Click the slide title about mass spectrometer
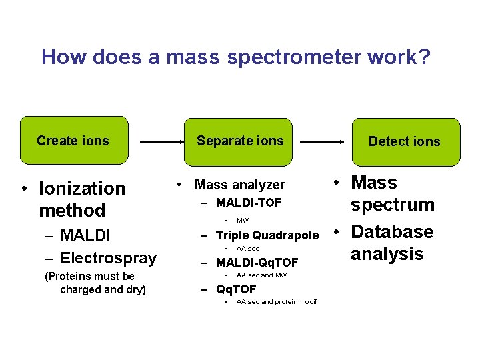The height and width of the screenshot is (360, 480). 236,57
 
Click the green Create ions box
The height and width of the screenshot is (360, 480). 73,141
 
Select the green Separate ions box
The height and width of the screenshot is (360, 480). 240,141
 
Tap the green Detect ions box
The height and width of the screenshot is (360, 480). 405,141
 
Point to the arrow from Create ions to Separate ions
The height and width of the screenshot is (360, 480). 162,142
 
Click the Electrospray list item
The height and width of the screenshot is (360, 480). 108,258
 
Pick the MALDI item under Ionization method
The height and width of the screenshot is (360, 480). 85,235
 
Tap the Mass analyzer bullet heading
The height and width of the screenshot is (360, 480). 239,185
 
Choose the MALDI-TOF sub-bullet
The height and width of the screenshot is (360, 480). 249,203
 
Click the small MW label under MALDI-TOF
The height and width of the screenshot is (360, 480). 243,220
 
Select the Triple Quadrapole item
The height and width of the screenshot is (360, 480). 267,235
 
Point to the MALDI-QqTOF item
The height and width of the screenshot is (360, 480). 257,263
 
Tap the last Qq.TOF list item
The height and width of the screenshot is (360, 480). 236,289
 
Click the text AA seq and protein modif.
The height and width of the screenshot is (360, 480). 278,302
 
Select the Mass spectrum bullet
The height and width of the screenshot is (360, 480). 392,193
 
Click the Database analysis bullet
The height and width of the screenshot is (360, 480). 391,243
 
